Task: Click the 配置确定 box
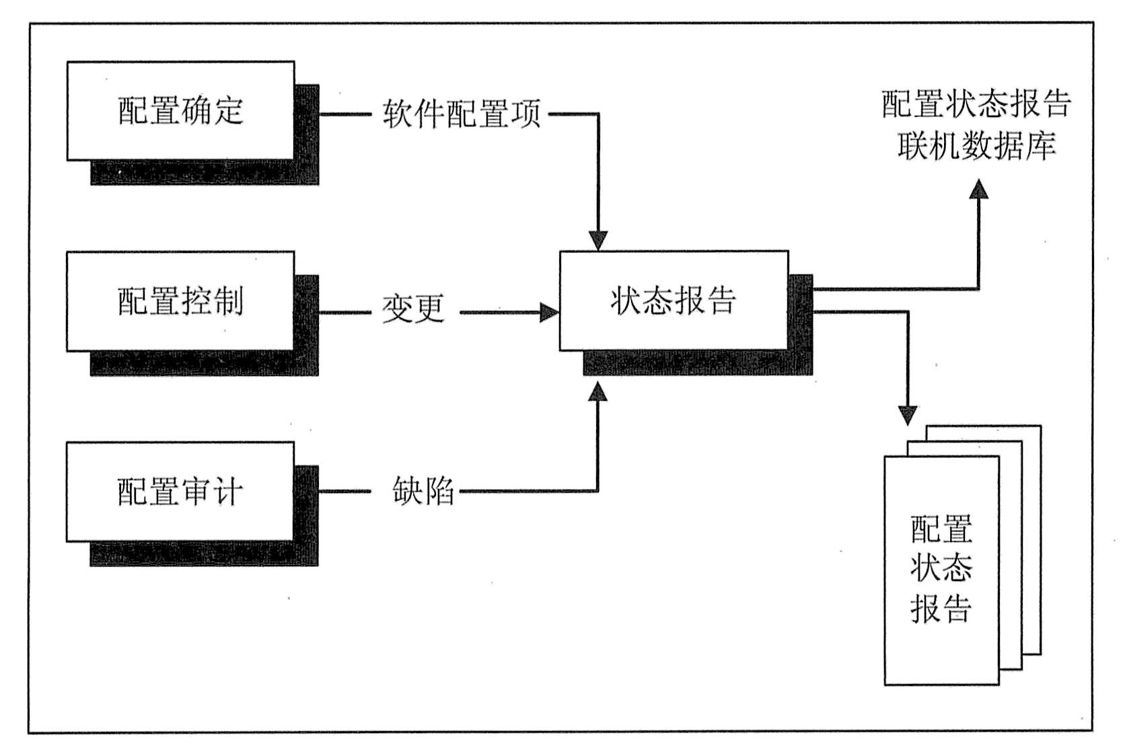click(x=180, y=111)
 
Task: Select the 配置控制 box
click(x=180, y=301)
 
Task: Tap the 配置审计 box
click(x=180, y=492)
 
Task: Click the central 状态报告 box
click(x=674, y=301)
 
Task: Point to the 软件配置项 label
click(x=462, y=114)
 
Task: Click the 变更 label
click(x=413, y=309)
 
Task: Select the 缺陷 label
click(x=423, y=491)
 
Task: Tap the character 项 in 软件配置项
click(x=525, y=114)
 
